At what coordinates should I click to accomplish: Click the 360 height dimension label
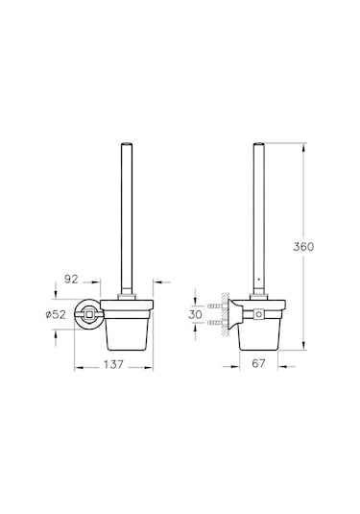(303, 247)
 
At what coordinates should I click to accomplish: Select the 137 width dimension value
(113, 364)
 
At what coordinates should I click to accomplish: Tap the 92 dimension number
(71, 279)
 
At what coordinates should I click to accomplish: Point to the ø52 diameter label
(56, 314)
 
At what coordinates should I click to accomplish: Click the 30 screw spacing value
(195, 314)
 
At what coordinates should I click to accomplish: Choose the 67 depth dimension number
(258, 363)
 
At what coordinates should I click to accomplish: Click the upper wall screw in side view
(215, 306)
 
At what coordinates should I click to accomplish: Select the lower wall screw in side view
(215, 323)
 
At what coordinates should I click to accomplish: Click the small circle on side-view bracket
(259, 314)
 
